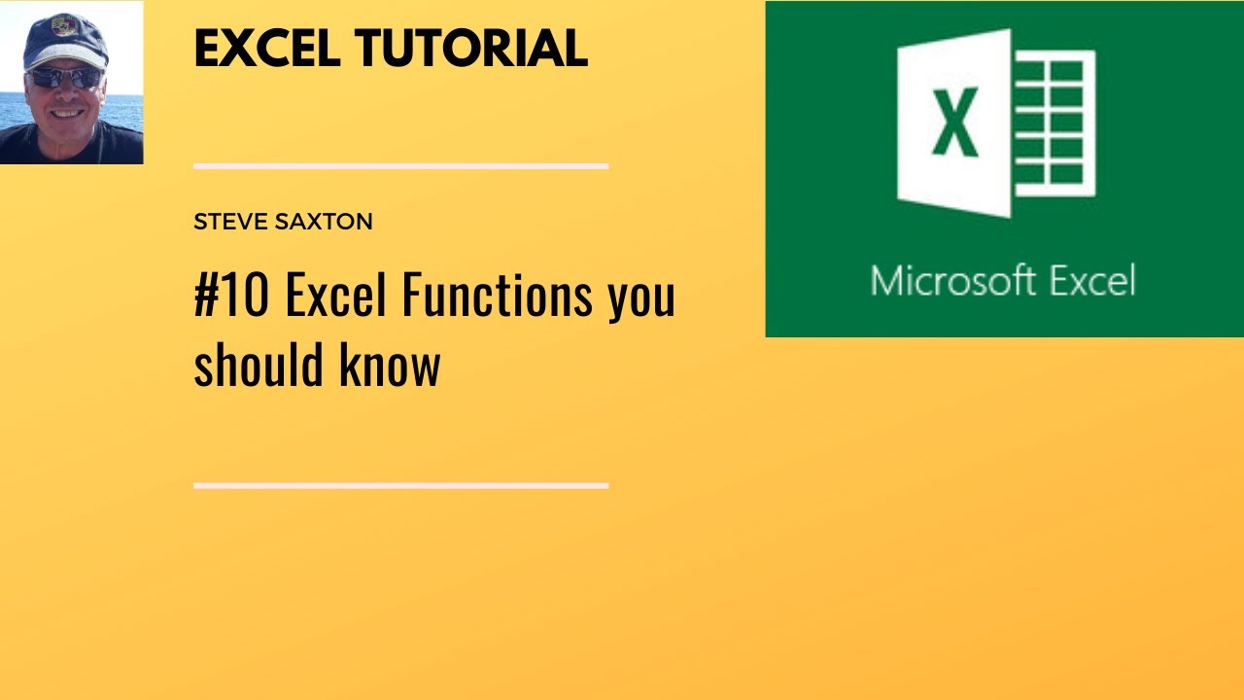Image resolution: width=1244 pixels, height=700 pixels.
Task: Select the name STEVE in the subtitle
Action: [x=229, y=222]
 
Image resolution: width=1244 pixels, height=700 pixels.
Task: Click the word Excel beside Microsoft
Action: [x=1085, y=281]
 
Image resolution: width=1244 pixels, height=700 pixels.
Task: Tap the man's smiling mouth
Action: [x=68, y=114]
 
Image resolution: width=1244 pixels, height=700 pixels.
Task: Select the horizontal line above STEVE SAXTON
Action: [x=400, y=166]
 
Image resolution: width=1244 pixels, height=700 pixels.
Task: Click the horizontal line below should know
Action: [x=400, y=485]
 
